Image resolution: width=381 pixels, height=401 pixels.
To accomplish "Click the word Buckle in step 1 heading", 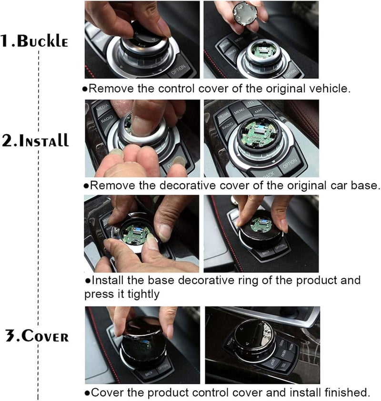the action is coord(43,41).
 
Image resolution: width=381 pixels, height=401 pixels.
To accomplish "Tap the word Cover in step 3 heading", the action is coord(45,336).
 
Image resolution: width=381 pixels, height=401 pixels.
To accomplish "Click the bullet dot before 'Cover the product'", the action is coord(87,392).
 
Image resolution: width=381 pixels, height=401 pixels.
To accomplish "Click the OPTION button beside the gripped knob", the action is coord(178,69).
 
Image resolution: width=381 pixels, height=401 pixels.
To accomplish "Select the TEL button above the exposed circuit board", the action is coord(251,103).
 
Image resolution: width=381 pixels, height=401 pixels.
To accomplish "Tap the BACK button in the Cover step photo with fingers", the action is coord(149,374).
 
